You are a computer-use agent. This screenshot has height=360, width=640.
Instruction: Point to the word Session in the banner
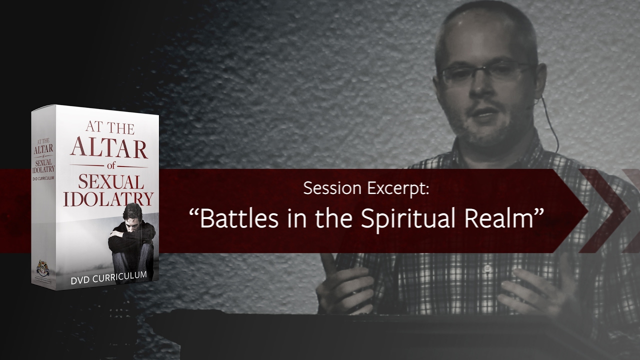click(x=332, y=189)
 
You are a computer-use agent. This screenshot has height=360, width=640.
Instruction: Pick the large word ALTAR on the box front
click(x=108, y=148)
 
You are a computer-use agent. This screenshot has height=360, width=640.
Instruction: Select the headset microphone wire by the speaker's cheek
click(x=552, y=125)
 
